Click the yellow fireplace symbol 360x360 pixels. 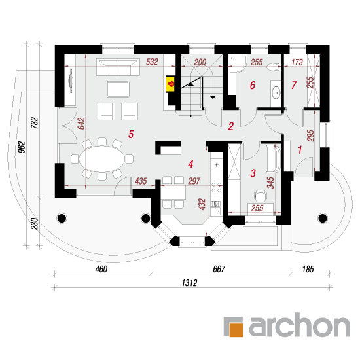pyautogui.click(x=170, y=84)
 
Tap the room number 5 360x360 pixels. pyautogui.click(x=131, y=134)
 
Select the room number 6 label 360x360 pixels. pyautogui.click(x=253, y=85)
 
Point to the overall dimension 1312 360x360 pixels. pyautogui.click(x=189, y=283)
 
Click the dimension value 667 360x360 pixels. pyautogui.click(x=219, y=269)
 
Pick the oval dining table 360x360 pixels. pyautogui.click(x=102, y=159)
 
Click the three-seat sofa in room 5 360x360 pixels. pyautogui.click(x=118, y=67)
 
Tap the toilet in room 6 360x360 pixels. pyautogui.click(x=274, y=67)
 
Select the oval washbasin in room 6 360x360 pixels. pyautogui.click(x=276, y=93)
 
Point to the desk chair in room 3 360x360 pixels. pyautogui.click(x=261, y=194)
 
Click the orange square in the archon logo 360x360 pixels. pyautogui.click(x=236, y=330)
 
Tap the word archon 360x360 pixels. pyautogui.click(x=299, y=325)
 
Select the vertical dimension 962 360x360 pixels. pyautogui.click(x=22, y=147)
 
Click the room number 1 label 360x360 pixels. pyautogui.click(x=300, y=150)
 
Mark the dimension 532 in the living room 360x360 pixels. pyautogui.click(x=152, y=62)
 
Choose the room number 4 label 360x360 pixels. pyautogui.click(x=190, y=164)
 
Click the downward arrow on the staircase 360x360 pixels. pyautogui.click(x=213, y=98)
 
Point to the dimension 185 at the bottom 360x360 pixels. pyautogui.click(x=308, y=269)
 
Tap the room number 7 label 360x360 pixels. pyautogui.click(x=294, y=85)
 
